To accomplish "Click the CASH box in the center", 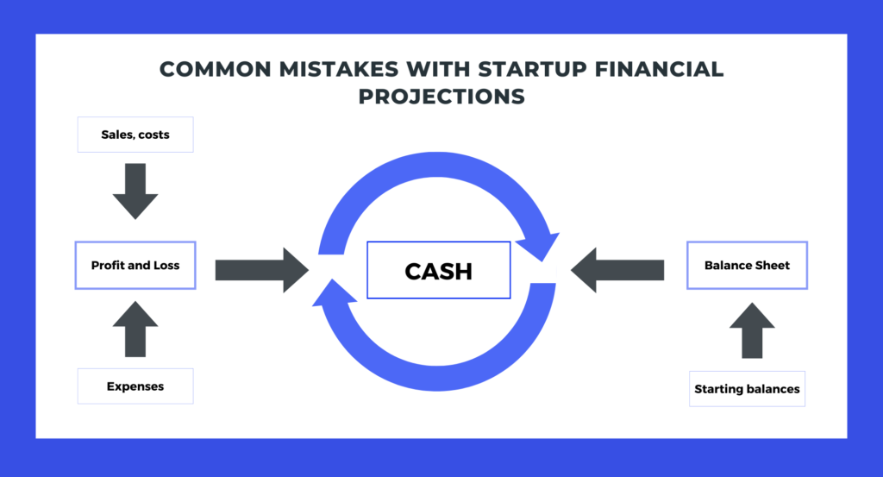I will pos(438,270).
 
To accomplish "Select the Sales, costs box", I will pos(135,135).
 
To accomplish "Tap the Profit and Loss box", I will pos(135,266).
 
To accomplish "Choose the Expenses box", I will pos(135,386).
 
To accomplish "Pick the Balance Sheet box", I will pos(747,266).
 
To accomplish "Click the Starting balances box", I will pos(747,389).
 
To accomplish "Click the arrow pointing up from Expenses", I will pos(135,329).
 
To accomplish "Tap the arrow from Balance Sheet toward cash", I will pos(617,269).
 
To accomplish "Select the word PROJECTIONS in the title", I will pos(441,96).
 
